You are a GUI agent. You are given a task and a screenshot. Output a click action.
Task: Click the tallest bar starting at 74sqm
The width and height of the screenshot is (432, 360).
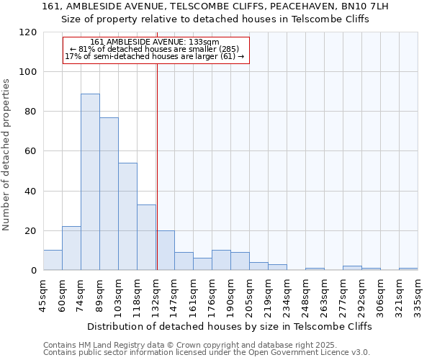pos(90,182)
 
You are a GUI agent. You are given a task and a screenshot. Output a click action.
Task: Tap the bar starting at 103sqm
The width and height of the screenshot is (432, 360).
pos(127,216)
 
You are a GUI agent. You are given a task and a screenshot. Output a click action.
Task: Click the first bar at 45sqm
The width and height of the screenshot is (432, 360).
pos(53,260)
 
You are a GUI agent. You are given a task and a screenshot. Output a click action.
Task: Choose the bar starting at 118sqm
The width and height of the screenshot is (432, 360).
pos(146,238)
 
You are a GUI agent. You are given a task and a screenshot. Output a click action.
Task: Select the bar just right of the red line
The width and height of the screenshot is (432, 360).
pos(166,251)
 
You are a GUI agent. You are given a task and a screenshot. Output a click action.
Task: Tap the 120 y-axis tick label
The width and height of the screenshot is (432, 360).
pos(28,32)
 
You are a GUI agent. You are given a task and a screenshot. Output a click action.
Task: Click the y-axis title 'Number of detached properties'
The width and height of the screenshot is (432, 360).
pos(6,155)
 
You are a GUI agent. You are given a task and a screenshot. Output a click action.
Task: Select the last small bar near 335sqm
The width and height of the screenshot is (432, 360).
pos(408,269)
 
